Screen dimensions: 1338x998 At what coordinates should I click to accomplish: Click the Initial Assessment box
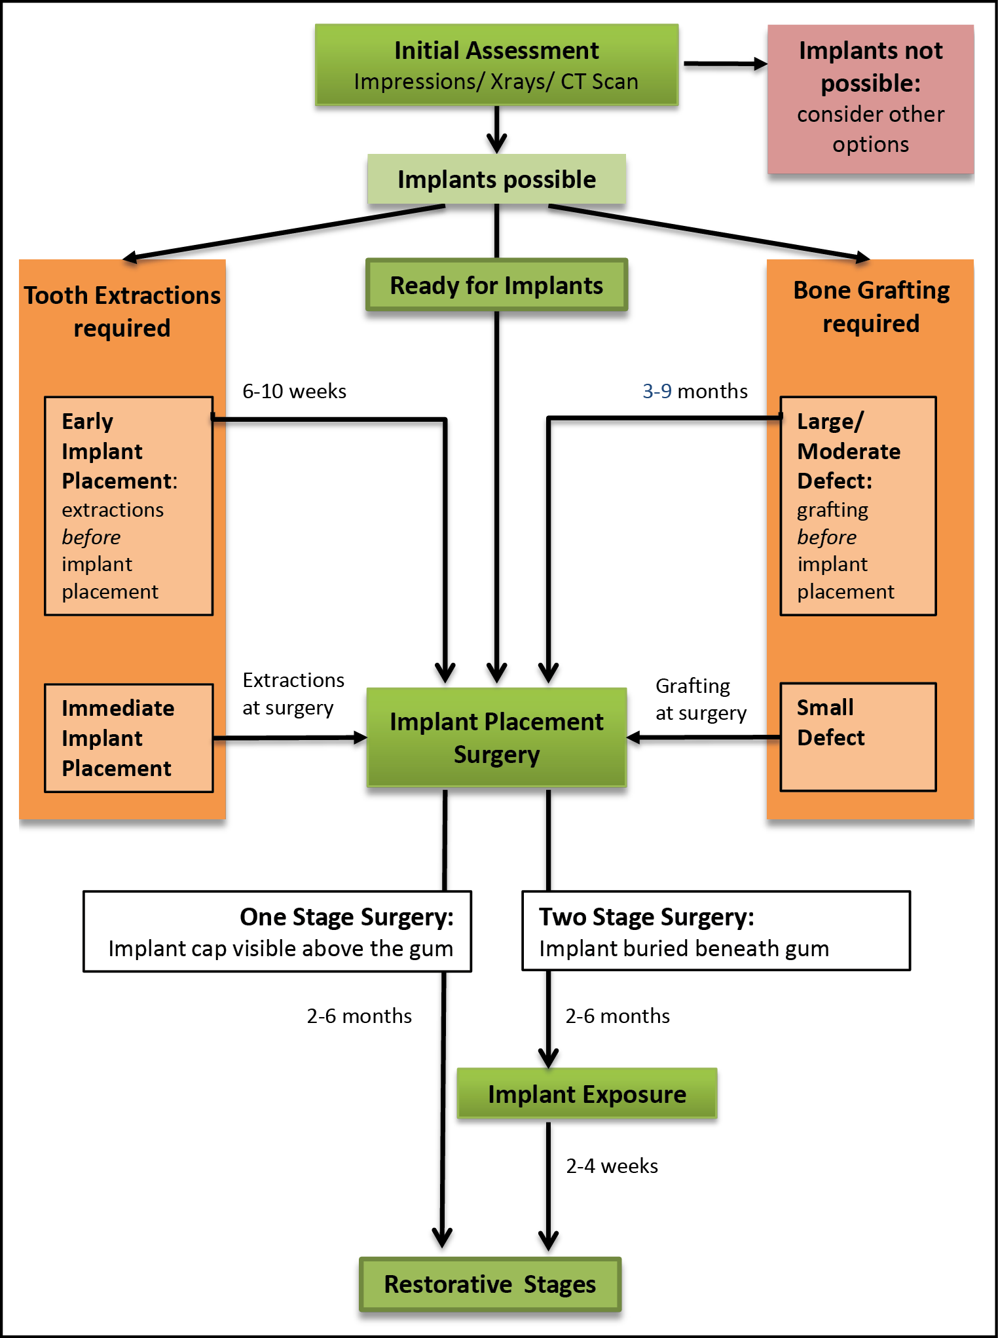pyautogui.click(x=496, y=65)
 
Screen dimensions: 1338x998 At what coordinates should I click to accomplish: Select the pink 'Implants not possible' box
pyautogui.click(x=870, y=98)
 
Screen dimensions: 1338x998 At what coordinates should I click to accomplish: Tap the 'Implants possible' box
pyautogui.click(x=496, y=179)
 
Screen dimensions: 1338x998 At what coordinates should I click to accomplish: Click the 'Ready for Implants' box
pyautogui.click(x=496, y=286)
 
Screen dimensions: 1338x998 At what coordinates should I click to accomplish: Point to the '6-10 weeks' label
pyautogui.click(x=294, y=391)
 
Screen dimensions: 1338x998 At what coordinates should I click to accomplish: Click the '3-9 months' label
pyautogui.click(x=695, y=391)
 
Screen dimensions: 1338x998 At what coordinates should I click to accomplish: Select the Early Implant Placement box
pyautogui.click(x=128, y=506)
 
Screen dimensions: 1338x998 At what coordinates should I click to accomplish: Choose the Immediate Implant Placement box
pyautogui.click(x=128, y=738)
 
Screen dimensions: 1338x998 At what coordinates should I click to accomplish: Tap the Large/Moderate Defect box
pyautogui.click(x=858, y=506)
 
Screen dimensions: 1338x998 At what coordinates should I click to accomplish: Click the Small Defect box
pyautogui.click(x=858, y=737)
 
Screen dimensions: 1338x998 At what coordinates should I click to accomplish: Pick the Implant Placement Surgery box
pyautogui.click(x=496, y=737)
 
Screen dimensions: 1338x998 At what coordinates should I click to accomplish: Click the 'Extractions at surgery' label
pyautogui.click(x=293, y=694)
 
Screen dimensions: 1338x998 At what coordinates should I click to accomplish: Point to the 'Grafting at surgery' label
pyautogui.click(x=700, y=699)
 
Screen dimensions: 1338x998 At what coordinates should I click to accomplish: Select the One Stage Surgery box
pyautogui.click(x=278, y=931)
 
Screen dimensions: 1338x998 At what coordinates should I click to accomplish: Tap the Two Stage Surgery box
pyautogui.click(x=716, y=931)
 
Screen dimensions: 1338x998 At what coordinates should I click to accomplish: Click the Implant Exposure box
pyautogui.click(x=587, y=1094)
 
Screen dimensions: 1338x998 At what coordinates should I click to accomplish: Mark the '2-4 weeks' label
pyautogui.click(x=612, y=1166)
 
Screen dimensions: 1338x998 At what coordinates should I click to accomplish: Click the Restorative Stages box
pyautogui.click(x=490, y=1284)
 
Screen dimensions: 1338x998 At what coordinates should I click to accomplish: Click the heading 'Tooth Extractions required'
pyautogui.click(x=122, y=311)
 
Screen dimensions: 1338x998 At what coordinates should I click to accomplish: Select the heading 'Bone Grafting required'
pyautogui.click(x=871, y=307)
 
